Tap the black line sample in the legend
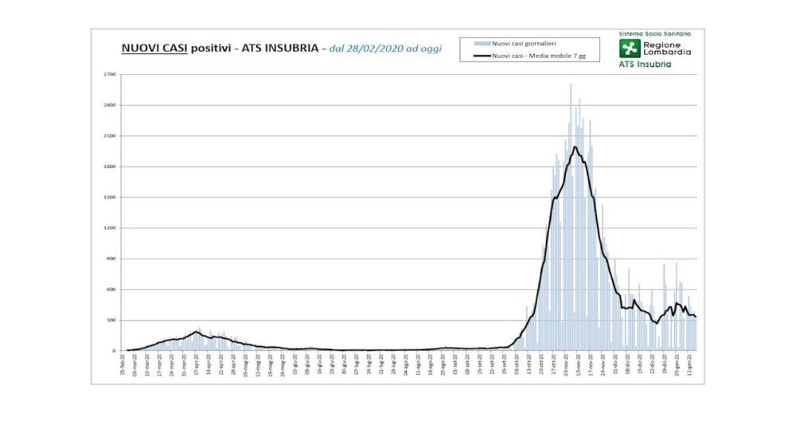[x=480, y=56]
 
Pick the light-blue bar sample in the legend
[x=480, y=43]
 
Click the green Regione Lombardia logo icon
[x=631, y=49]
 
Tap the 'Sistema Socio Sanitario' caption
[x=654, y=33]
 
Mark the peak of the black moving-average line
[x=574, y=146]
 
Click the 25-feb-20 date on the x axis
[x=123, y=367]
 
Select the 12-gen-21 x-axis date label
[x=689, y=367]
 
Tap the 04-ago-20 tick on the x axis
[x=407, y=367]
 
